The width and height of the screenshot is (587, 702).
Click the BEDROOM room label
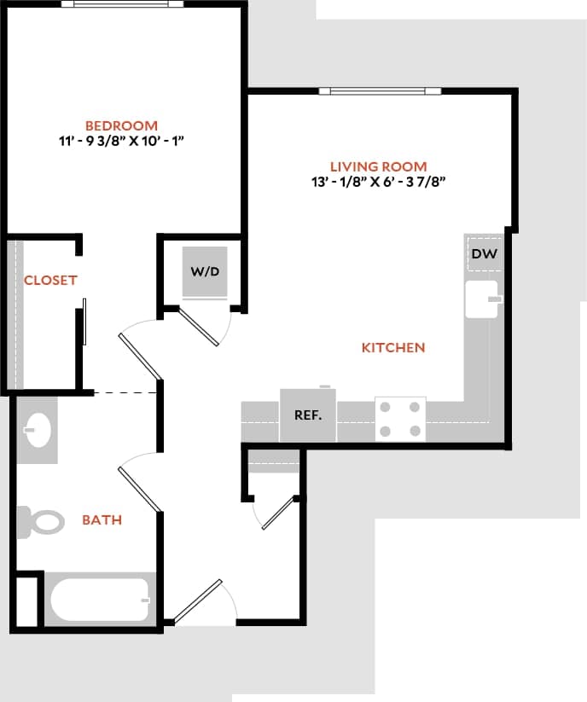coord(121,125)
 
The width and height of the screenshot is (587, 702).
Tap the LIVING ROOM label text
coord(378,166)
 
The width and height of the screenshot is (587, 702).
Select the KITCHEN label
coord(393,348)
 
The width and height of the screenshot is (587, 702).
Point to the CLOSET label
coord(50,280)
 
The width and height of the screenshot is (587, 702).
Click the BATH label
coord(102,519)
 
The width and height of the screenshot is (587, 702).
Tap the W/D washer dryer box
coord(205,273)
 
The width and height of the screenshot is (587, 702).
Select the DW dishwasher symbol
coord(483,254)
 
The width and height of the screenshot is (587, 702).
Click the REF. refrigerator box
coord(307,415)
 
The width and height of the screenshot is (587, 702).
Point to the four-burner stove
coord(400,419)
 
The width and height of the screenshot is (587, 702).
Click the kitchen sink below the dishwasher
coord(482,299)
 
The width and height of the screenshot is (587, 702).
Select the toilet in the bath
coord(41,521)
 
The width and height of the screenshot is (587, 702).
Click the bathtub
coord(99,600)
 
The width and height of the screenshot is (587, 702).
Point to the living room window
coord(379,91)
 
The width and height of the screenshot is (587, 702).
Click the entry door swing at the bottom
coord(199,601)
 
